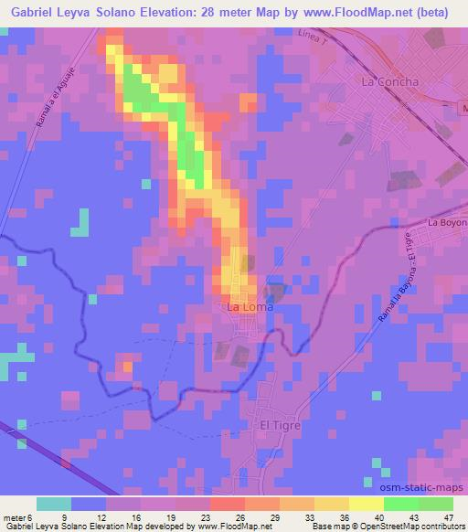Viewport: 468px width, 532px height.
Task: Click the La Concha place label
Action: point(390,81)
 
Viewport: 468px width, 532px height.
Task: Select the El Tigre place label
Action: point(281,425)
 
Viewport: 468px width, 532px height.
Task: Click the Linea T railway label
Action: point(311,37)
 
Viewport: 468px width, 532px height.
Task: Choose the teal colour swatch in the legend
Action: point(54,503)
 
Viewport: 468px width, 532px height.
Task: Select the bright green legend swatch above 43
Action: point(401,503)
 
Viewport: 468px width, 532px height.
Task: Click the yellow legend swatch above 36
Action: point(332,503)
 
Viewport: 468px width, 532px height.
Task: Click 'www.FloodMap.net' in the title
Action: point(357,11)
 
